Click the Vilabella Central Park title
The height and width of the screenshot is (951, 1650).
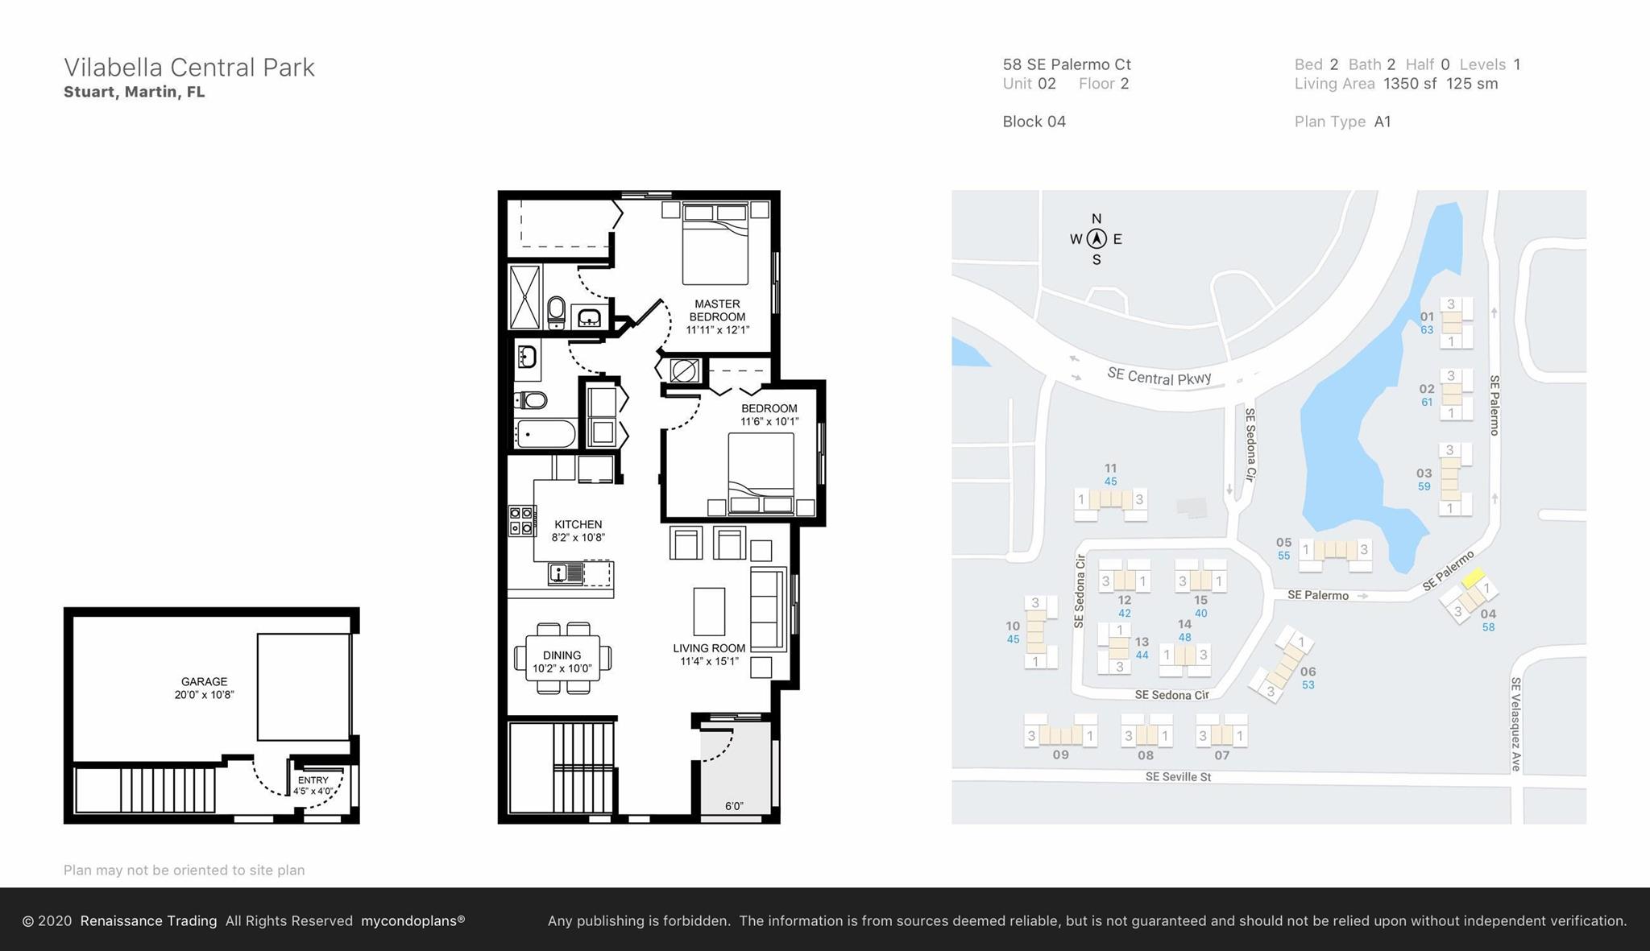pyautogui.click(x=189, y=68)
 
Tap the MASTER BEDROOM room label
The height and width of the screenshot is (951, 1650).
pyautogui.click(x=717, y=310)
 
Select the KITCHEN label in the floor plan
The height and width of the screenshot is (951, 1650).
pyautogui.click(x=578, y=524)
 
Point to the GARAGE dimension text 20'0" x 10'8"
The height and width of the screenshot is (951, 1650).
pyautogui.click(x=204, y=695)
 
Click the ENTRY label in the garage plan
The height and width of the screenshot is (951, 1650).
pyautogui.click(x=313, y=780)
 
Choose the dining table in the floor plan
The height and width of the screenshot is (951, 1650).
pyautogui.click(x=562, y=658)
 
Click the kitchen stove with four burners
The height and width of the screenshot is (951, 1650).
pyautogui.click(x=521, y=520)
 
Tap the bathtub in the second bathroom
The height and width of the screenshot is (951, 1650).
pyautogui.click(x=545, y=433)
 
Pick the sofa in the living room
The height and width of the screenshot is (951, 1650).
pyautogui.click(x=768, y=610)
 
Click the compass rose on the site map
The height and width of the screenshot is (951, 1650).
pyautogui.click(x=1096, y=239)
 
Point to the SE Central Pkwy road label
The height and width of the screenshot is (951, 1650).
pyautogui.click(x=1159, y=376)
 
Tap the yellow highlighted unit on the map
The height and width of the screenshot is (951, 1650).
pyautogui.click(x=1474, y=577)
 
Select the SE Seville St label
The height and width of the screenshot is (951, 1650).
pyautogui.click(x=1178, y=777)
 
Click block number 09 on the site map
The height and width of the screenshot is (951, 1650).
pyautogui.click(x=1060, y=755)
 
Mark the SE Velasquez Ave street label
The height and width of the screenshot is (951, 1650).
pyautogui.click(x=1515, y=724)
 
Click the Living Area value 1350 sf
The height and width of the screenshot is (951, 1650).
pyautogui.click(x=1410, y=84)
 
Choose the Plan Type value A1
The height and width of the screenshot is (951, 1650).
pyautogui.click(x=1383, y=122)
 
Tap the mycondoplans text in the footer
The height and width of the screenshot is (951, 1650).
pyautogui.click(x=412, y=920)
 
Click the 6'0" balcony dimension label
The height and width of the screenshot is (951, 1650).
pyautogui.click(x=734, y=806)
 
